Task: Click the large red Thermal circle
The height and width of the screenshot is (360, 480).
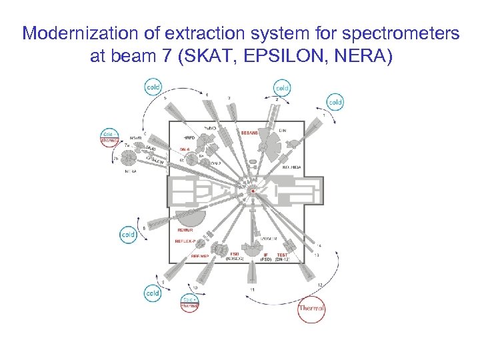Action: [x=311, y=308]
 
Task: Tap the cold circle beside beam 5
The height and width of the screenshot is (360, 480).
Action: [x=154, y=87]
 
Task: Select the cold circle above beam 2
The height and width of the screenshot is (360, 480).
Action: [x=282, y=87]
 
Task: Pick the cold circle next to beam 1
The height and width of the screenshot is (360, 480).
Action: [x=335, y=101]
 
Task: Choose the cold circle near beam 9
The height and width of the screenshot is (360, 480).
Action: [x=153, y=293]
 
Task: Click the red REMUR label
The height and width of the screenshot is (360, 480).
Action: [x=185, y=229]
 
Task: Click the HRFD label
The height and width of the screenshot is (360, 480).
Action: [x=181, y=137]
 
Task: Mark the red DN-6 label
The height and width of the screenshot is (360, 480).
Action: [x=185, y=149]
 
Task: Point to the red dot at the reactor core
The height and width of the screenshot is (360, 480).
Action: [x=253, y=191]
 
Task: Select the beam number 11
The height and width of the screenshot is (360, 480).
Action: [x=252, y=290]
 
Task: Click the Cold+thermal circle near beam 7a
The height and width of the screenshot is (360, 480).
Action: [x=109, y=137]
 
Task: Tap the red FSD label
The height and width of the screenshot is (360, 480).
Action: [x=235, y=254]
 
